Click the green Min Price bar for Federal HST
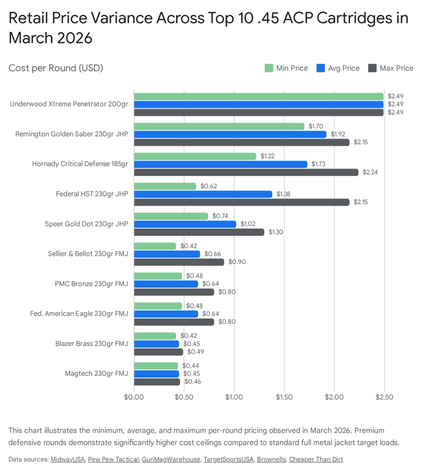pos(165,186)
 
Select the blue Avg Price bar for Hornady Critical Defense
pos(220,164)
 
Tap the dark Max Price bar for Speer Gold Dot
pos(199,232)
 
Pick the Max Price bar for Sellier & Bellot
pos(179,262)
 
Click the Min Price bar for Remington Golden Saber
pos(219,126)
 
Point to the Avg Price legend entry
pos(338,68)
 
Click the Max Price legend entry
pos(391,68)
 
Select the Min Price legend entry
pos(286,68)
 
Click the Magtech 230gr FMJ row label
pos(96,374)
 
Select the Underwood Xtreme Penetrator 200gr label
pos(69,104)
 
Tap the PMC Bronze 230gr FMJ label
pos(91,284)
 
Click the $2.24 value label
pos(369,172)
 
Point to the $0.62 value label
pos(208,186)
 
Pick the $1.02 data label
pos(248,224)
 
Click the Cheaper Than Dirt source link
pos(316,459)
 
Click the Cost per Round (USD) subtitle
pos(55,68)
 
